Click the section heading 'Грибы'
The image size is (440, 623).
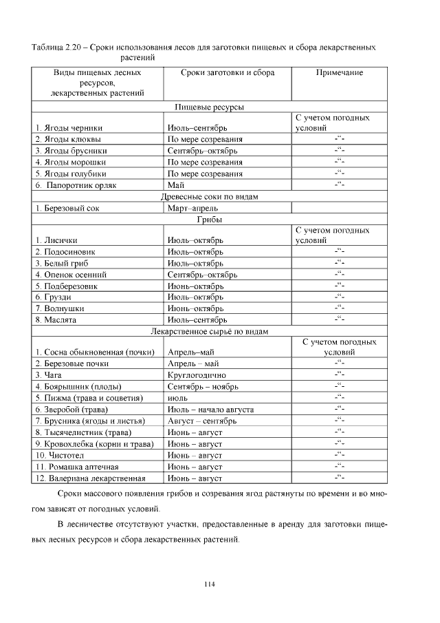(210, 220)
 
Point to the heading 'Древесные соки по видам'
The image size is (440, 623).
(210, 196)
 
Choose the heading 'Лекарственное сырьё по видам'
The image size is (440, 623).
(210, 331)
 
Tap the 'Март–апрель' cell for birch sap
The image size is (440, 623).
(192, 208)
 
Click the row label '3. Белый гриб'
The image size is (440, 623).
(63, 264)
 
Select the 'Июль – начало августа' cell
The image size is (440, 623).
(210, 410)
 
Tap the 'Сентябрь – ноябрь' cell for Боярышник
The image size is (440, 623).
(202, 387)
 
